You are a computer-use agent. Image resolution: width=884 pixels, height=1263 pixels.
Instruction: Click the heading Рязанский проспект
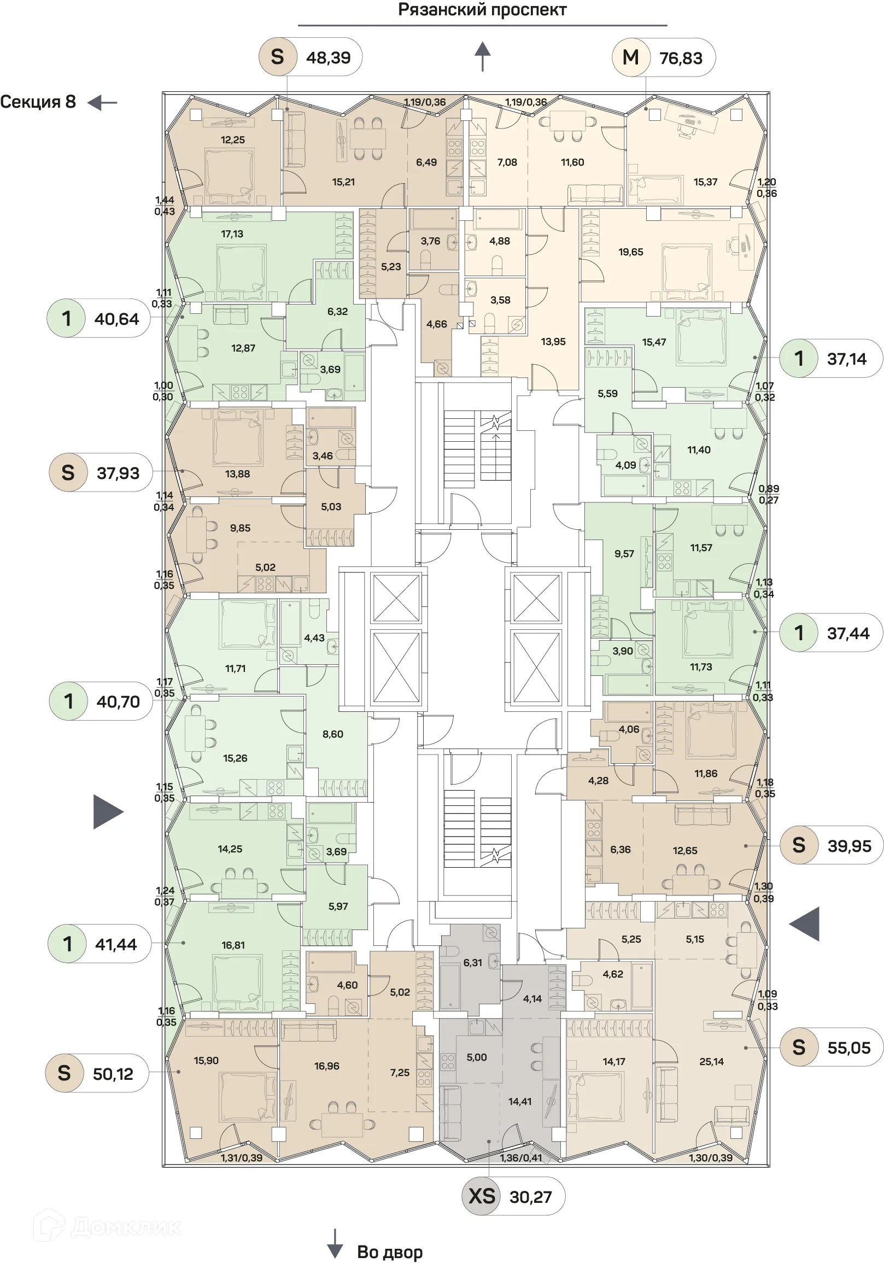point(482,10)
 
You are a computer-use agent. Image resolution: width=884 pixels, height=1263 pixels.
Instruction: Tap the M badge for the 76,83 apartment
point(630,57)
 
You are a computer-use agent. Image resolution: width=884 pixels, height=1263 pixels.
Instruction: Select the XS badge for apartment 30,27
point(481,1196)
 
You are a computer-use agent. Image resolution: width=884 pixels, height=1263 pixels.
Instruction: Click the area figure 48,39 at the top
point(329,57)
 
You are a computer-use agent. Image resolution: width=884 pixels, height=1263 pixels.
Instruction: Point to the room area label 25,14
point(711,1062)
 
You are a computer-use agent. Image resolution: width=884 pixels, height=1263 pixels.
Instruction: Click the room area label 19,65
point(630,252)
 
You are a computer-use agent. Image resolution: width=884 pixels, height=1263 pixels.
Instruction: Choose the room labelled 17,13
point(232,234)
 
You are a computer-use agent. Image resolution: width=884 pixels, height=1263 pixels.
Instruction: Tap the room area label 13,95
point(553,342)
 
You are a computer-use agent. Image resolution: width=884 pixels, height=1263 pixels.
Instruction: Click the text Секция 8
point(38,102)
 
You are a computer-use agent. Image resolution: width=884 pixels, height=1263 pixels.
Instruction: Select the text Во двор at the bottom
point(389,1252)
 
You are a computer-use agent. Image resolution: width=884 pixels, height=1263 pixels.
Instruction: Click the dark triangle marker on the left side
point(107,812)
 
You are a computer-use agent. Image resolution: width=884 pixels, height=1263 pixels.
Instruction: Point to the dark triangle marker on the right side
point(805,923)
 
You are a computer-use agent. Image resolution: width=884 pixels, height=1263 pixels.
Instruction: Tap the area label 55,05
point(849,1048)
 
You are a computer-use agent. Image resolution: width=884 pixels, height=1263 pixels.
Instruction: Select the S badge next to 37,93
point(68,472)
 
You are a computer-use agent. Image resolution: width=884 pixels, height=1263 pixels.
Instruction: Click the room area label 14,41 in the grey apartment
point(520,1101)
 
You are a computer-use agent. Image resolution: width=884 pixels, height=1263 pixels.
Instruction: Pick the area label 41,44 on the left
point(115,944)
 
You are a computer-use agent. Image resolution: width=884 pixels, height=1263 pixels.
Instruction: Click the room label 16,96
point(327,1066)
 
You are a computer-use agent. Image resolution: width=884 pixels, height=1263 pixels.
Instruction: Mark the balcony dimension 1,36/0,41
point(521,1158)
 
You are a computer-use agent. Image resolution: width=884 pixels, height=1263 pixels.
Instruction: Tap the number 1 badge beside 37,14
point(799,359)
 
